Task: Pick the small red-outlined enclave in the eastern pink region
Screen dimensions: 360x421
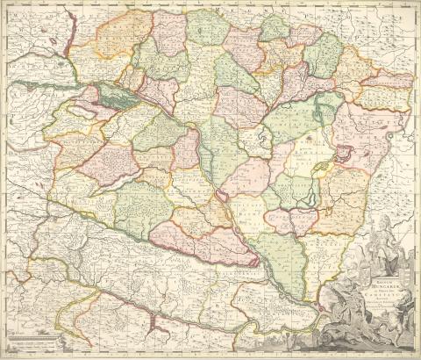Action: tap(343, 153)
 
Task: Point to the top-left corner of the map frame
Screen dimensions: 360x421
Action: tap(4, 4)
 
